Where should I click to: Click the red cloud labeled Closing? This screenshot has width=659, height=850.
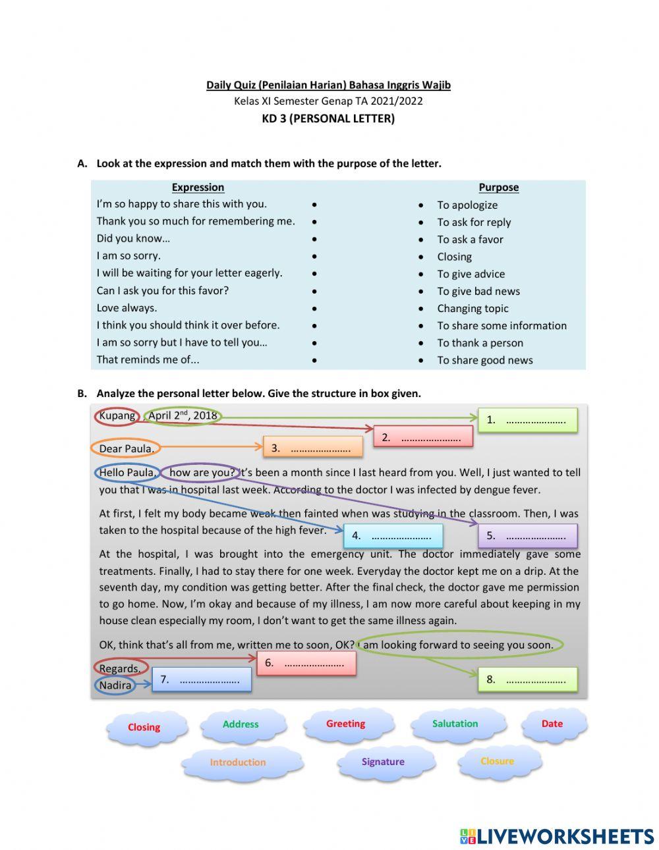(x=144, y=728)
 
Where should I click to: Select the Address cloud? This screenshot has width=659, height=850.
(x=241, y=724)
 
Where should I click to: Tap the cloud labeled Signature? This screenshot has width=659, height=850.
(x=383, y=762)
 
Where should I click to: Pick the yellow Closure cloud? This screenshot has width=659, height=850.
(x=497, y=761)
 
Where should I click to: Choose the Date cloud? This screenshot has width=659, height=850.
(x=552, y=724)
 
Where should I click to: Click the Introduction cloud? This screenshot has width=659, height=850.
(x=238, y=762)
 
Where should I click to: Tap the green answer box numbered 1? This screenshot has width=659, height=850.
(x=527, y=420)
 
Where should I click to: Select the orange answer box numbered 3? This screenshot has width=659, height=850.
(x=312, y=448)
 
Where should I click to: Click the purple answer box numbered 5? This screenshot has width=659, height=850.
(x=527, y=536)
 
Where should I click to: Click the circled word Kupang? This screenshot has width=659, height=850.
(x=117, y=415)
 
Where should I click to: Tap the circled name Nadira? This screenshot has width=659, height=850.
(x=115, y=685)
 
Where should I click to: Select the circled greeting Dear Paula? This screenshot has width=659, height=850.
(x=125, y=449)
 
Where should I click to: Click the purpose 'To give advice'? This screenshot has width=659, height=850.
(x=471, y=274)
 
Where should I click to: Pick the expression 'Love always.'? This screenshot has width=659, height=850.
(x=127, y=307)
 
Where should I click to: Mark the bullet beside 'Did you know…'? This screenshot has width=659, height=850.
(x=314, y=240)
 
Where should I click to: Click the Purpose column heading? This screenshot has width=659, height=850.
(x=498, y=187)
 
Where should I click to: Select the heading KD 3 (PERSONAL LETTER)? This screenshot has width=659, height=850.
(x=328, y=119)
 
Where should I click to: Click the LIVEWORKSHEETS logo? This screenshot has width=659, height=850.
(x=557, y=836)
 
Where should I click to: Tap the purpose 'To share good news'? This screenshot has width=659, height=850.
(x=484, y=360)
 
